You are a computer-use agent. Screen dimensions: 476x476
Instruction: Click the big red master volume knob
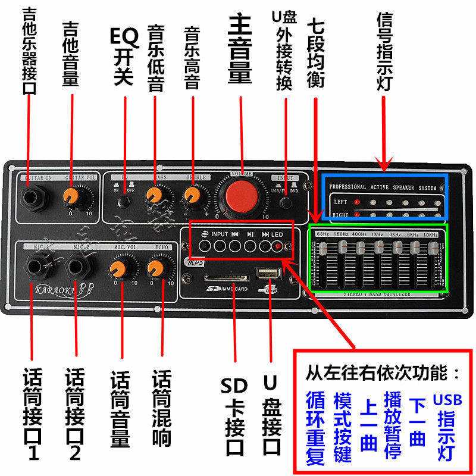coord(240,194)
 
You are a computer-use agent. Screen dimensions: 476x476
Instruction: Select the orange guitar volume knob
coord(72,195)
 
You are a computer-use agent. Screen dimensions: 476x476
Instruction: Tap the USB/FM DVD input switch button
coord(287,202)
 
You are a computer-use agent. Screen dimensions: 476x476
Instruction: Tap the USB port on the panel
coord(267,275)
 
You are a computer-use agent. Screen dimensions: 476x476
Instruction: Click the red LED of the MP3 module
coord(277,245)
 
